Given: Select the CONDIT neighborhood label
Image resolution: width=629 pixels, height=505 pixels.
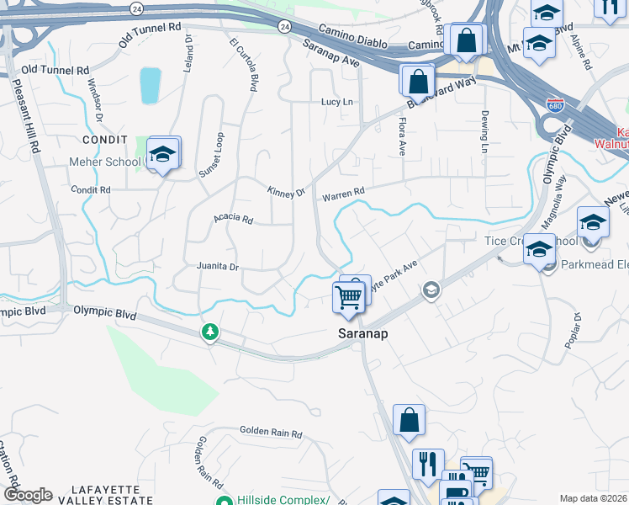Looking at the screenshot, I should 105,138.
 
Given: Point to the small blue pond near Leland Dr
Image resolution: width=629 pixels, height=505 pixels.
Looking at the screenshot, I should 151,86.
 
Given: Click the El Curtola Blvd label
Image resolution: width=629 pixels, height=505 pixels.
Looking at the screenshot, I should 242,62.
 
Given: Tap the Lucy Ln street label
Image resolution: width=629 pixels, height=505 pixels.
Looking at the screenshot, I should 336,102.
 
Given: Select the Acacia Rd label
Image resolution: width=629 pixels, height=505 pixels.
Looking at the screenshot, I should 233,219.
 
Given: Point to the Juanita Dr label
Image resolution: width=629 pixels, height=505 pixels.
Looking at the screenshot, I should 218,267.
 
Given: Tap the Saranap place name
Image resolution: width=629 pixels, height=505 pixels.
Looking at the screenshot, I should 362,333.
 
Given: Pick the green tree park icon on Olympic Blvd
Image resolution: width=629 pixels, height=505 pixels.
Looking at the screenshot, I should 210,333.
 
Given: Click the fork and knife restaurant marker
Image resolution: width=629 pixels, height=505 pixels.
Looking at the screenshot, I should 427,464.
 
